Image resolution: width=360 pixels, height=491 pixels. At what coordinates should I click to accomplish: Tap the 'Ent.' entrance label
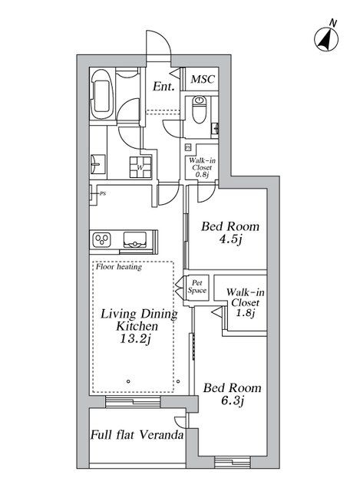tap(162, 87)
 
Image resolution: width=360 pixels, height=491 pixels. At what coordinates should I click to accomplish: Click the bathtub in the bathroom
tap(103, 97)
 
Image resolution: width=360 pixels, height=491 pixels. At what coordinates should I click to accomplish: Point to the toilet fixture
tap(200, 110)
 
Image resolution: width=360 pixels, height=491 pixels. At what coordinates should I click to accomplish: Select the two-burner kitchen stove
tap(103, 240)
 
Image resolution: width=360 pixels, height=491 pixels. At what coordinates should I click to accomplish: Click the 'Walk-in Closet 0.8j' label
tap(202, 166)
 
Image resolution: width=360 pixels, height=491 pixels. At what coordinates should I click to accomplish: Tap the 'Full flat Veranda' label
tap(137, 436)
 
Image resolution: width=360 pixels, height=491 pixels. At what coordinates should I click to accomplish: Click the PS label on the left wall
tap(101, 193)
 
